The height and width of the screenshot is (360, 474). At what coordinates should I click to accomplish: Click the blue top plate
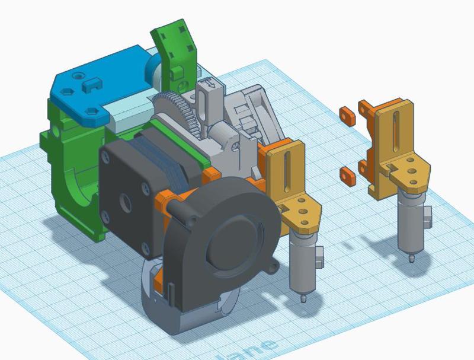[101, 86]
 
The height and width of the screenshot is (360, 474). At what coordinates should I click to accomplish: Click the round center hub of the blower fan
[228, 243]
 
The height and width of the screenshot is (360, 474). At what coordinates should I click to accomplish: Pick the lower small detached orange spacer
[348, 174]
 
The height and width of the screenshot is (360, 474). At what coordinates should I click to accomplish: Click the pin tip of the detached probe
[411, 259]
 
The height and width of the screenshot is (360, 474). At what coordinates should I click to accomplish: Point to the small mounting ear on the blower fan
[272, 267]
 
